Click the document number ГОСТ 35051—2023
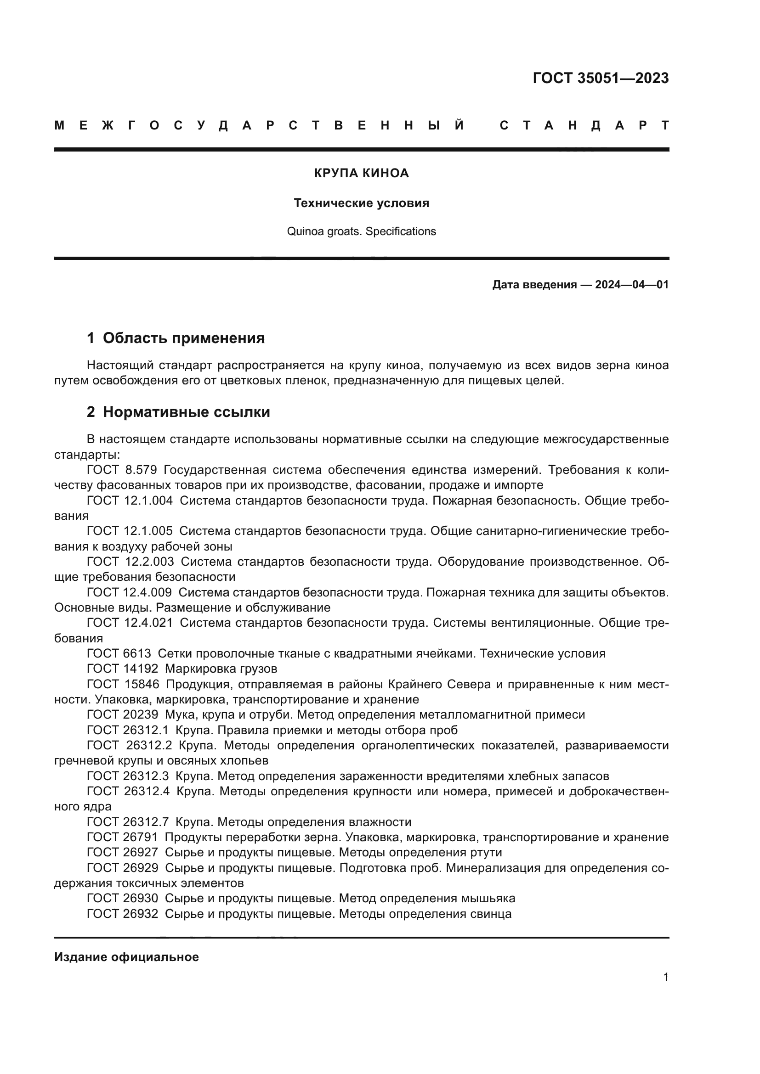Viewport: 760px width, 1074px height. [x=601, y=78]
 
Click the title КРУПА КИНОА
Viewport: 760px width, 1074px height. [x=361, y=174]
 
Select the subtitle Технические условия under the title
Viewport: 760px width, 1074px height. [x=361, y=203]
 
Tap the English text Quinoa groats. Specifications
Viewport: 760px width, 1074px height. [x=361, y=231]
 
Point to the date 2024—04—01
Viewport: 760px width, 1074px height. [x=631, y=285]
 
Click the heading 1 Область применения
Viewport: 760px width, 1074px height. [x=176, y=338]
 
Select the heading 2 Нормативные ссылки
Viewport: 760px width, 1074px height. [x=178, y=412]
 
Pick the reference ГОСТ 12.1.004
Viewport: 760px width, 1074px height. [x=130, y=500]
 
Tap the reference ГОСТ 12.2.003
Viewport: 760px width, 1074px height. [x=130, y=562]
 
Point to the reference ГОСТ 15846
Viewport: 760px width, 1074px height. [x=123, y=684]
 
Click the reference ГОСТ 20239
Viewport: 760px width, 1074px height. [x=123, y=715]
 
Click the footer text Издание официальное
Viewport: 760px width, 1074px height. [x=126, y=957]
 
